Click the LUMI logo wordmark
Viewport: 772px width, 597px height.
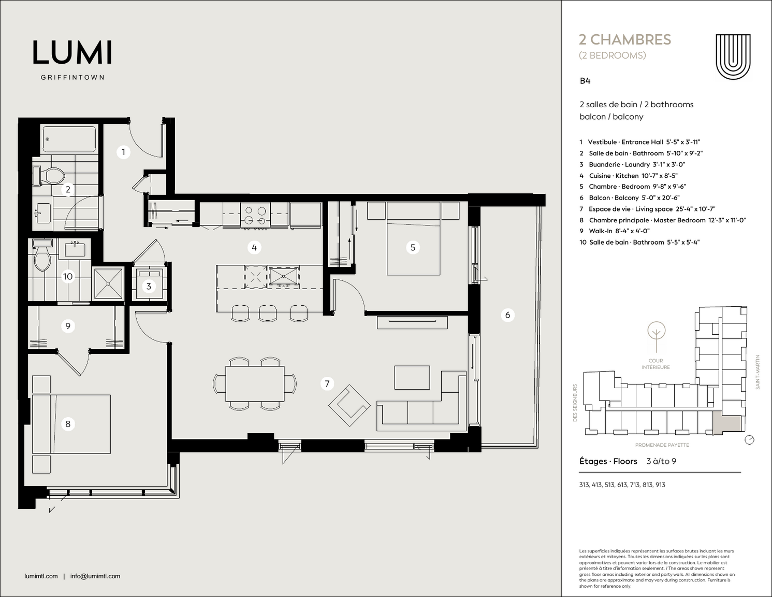click(72, 53)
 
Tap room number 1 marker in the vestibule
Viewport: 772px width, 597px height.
click(123, 152)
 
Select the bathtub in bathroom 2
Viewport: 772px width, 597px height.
click(69, 139)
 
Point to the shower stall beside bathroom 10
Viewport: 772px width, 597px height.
click(108, 283)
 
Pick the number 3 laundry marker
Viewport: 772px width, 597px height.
click(149, 286)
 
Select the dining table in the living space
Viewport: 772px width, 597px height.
click(255, 383)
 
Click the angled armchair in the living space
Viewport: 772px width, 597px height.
click(349, 405)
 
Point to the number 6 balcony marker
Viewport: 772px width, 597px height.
click(508, 315)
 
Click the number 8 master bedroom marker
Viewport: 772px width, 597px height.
click(68, 424)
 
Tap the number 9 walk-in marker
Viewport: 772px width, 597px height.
click(68, 325)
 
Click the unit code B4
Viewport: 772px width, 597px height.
click(585, 81)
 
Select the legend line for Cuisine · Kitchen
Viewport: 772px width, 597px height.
click(629, 176)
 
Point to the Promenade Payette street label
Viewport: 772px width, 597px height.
click(662, 445)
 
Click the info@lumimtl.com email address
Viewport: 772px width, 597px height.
click(95, 576)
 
